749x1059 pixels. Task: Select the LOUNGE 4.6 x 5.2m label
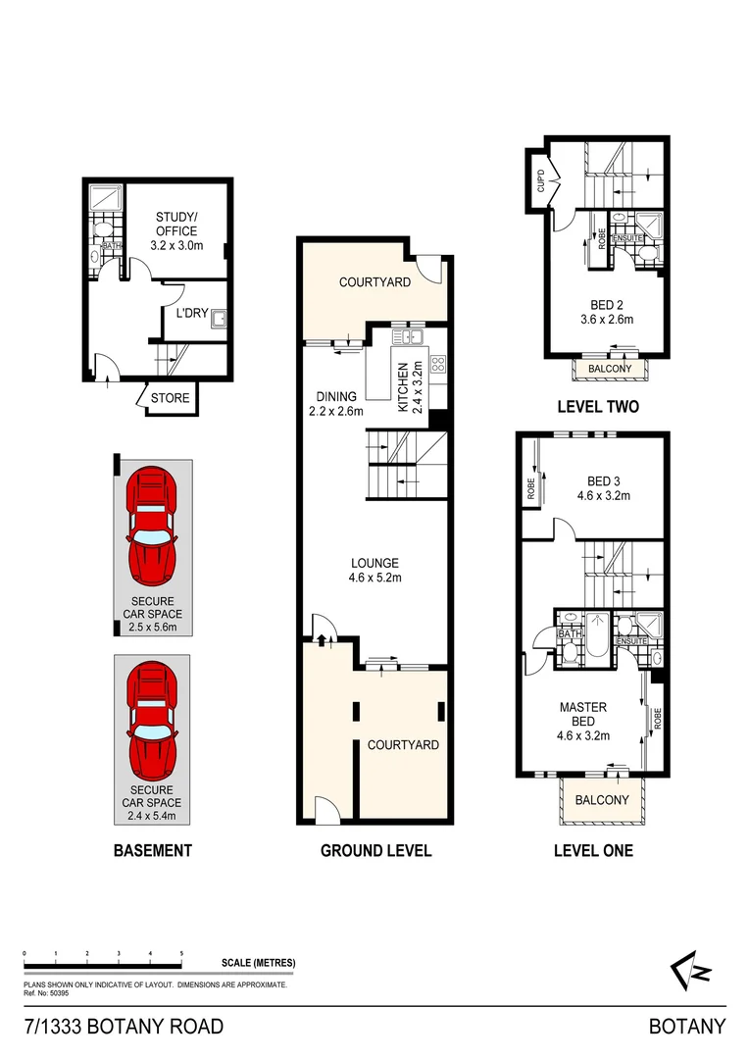(x=375, y=570)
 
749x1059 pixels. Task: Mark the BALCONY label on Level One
(x=601, y=800)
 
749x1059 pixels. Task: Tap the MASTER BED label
(x=582, y=715)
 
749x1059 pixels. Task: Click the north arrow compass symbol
(x=690, y=972)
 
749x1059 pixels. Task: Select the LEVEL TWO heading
(x=598, y=406)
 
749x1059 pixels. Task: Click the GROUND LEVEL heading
(x=375, y=850)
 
